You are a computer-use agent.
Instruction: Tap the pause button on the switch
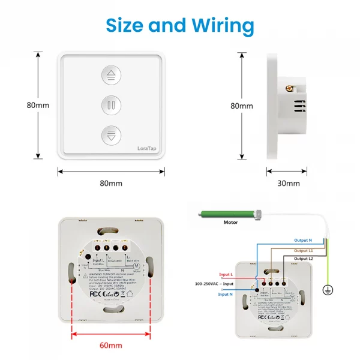111,106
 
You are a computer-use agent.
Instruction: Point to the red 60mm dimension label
111,345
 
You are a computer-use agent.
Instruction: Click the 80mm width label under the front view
111,183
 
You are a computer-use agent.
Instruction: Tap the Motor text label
230,223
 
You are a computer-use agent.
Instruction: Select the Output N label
302,241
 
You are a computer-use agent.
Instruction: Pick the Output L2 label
302,258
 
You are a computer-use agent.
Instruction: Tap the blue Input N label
226,294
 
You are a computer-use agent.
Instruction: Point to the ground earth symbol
327,290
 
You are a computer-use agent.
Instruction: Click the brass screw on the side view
292,89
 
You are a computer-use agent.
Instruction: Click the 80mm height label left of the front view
21,105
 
